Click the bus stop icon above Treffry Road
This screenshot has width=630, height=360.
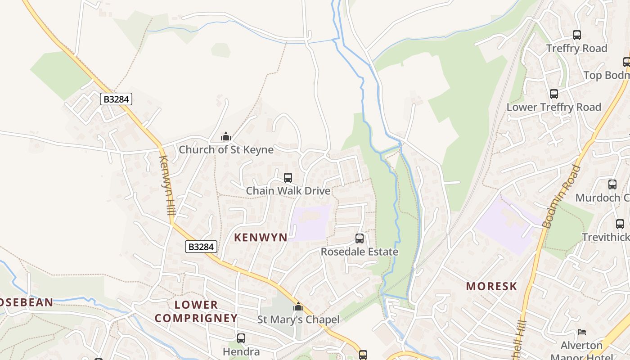(x=576, y=35)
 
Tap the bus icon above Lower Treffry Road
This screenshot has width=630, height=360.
(x=553, y=94)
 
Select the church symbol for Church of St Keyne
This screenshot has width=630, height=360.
(x=226, y=136)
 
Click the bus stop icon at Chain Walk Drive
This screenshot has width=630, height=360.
(x=288, y=178)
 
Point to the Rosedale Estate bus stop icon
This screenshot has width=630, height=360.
(x=359, y=238)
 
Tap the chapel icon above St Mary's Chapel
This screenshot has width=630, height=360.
(x=298, y=307)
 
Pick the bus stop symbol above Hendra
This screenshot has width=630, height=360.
(x=241, y=338)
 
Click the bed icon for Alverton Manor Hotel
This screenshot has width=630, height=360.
(x=582, y=333)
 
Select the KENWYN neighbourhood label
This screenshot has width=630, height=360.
(x=261, y=238)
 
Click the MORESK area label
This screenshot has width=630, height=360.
(x=491, y=286)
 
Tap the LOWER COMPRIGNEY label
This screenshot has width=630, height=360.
(x=196, y=311)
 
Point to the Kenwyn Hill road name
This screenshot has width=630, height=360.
(x=166, y=189)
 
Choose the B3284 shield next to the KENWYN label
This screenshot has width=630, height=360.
(x=201, y=247)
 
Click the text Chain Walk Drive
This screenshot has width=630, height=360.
(x=288, y=191)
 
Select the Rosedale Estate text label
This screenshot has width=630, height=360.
(x=359, y=252)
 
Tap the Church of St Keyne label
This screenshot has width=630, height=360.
(x=226, y=150)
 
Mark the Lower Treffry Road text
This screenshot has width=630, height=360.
(x=553, y=107)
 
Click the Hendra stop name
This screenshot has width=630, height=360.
(x=241, y=351)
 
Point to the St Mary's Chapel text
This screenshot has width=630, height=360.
(x=298, y=320)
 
